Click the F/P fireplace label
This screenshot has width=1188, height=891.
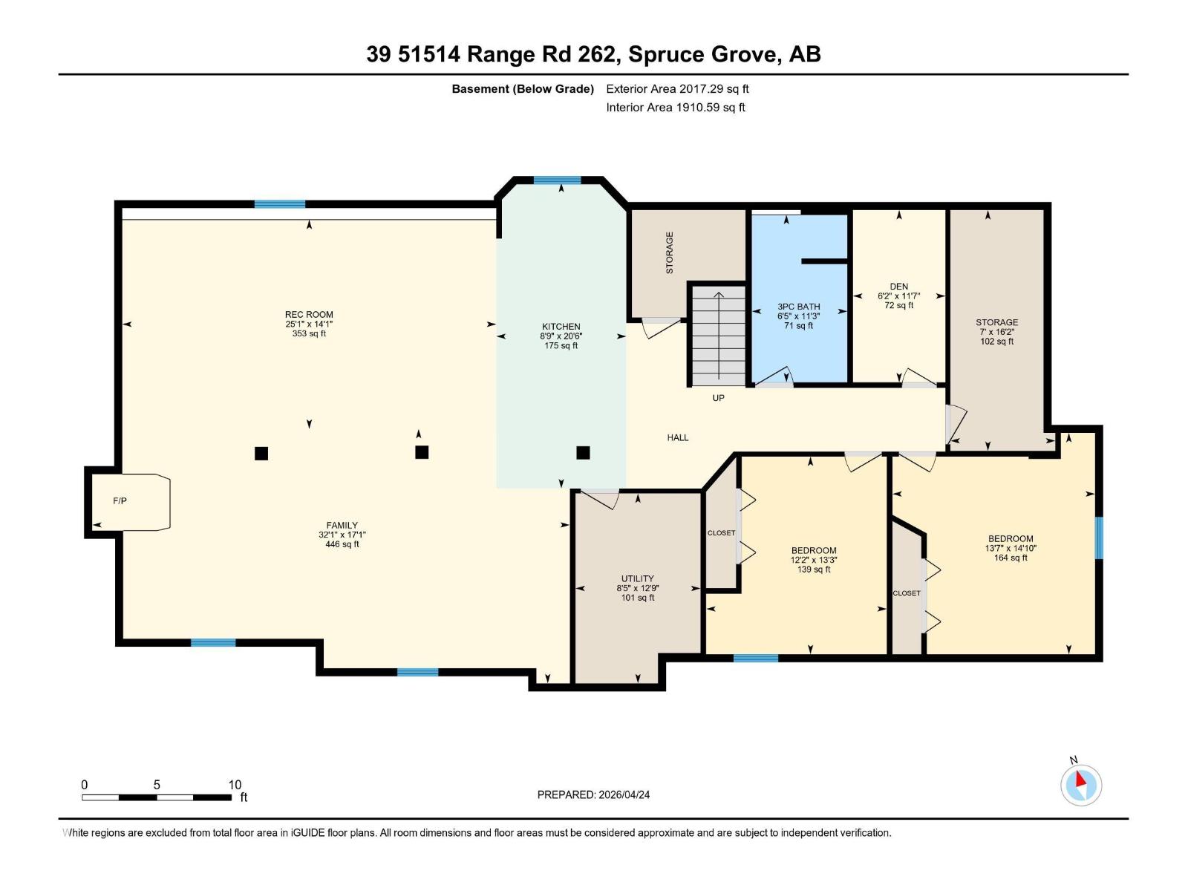click(120, 501)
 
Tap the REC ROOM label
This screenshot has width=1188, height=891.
click(309, 315)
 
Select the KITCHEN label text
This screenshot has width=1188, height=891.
click(561, 327)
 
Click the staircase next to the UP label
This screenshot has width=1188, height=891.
click(719, 336)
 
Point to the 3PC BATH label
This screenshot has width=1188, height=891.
click(799, 307)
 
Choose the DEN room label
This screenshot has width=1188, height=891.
click(898, 287)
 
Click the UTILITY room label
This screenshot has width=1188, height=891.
click(637, 578)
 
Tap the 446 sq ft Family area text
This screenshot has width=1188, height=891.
click(342, 544)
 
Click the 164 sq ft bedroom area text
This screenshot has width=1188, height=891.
click(1011, 558)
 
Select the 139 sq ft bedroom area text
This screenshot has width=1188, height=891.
click(814, 569)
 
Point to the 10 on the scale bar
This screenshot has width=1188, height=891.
click(235, 785)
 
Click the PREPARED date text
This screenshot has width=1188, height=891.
click(593, 794)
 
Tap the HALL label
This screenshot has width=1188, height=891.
click(677, 438)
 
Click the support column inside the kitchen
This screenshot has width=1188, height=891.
click(583, 452)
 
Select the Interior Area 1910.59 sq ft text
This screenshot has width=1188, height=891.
click(675, 108)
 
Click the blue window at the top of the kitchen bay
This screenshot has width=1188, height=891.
click(557, 180)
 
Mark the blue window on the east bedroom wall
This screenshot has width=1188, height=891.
click(1099, 538)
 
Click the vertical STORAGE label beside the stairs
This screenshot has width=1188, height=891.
click(670, 252)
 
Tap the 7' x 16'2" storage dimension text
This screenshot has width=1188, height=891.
click(996, 333)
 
